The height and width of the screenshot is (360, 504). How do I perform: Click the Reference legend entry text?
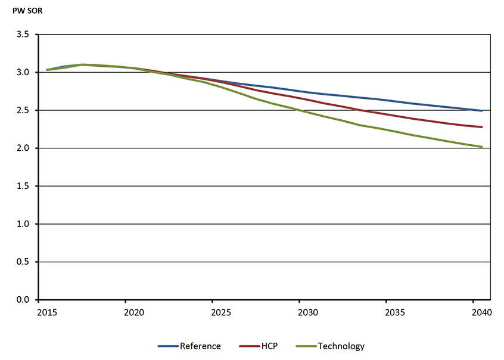200,346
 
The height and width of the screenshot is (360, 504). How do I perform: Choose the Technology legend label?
341,346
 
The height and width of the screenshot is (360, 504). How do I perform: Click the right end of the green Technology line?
482,147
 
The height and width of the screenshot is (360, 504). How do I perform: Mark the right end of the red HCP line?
482,127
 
